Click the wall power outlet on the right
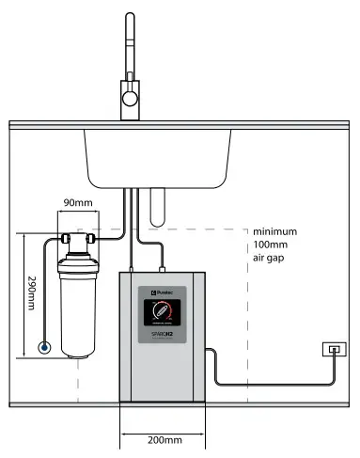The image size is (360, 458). pos(333,350)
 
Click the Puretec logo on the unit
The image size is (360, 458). pos(158,292)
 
